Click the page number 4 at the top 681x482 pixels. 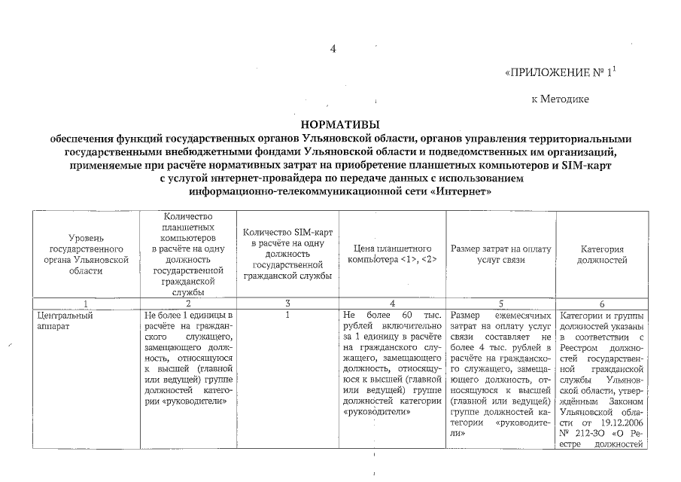(x=333, y=50)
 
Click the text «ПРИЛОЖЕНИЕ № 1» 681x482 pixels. (x=564, y=74)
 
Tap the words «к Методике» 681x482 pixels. (x=560, y=99)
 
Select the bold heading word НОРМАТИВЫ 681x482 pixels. (x=341, y=124)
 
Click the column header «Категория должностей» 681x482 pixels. (x=602, y=255)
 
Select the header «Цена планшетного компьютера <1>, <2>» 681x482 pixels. (x=393, y=254)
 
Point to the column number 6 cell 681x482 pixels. (x=602, y=303)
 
